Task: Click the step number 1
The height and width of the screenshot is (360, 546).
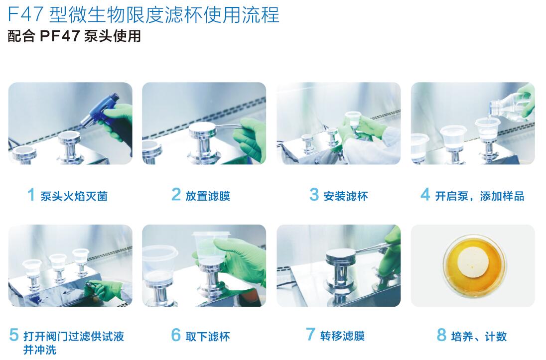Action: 31,194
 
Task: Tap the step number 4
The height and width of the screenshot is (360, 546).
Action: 425,194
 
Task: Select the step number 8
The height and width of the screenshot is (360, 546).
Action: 441,335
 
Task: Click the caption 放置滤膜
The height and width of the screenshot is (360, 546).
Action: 208,196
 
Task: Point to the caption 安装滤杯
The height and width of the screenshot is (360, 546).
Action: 346,196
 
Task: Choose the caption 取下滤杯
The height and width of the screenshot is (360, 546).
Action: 208,337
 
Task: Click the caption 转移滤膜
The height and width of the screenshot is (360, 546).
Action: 342,336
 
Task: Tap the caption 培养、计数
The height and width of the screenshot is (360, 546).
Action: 479,337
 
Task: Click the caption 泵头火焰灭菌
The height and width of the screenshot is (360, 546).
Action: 74,196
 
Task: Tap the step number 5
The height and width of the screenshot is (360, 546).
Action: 14,335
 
